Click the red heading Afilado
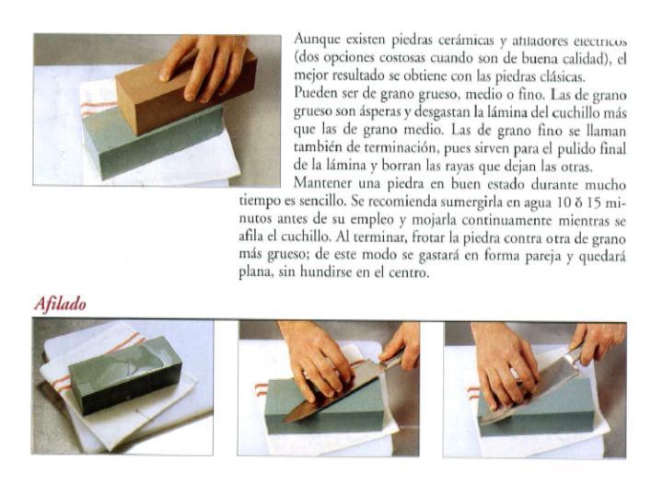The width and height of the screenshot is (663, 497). coord(61,305)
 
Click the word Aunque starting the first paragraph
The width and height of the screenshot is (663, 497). coord(316,40)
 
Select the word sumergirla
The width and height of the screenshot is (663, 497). coord(453,201)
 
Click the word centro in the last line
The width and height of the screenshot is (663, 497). coord(408,272)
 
